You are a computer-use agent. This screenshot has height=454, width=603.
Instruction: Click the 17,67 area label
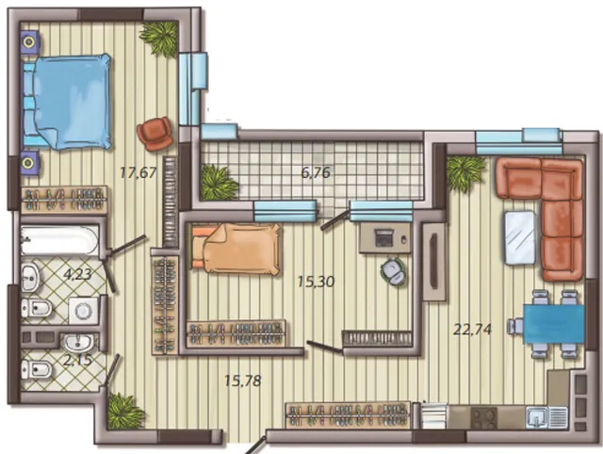tap(139, 172)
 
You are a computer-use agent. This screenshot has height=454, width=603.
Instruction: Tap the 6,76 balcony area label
tap(316, 173)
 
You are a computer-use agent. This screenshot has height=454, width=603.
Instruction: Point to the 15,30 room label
tap(317, 282)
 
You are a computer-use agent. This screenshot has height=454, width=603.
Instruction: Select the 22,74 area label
tap(472, 330)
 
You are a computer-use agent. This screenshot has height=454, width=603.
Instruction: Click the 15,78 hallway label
tap(243, 381)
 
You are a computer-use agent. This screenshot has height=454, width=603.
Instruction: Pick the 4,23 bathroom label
tap(78, 274)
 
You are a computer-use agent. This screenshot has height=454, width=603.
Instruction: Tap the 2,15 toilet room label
tap(77, 360)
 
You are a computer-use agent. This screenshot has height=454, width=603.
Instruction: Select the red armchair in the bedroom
tap(155, 134)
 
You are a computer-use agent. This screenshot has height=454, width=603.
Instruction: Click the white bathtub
tap(59, 240)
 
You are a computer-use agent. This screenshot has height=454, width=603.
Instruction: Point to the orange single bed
tap(236, 249)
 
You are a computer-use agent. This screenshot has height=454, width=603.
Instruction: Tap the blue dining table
tap(554, 324)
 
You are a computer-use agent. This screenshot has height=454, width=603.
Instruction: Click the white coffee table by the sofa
tap(520, 237)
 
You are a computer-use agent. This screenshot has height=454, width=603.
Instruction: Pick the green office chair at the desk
tap(393, 270)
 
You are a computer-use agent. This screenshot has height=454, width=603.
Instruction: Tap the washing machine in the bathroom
tap(84, 310)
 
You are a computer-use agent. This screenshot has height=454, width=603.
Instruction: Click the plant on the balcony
tap(218, 182)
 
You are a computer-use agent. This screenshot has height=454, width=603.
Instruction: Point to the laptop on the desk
tap(383, 237)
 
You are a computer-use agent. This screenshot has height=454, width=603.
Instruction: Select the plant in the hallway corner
tap(124, 411)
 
